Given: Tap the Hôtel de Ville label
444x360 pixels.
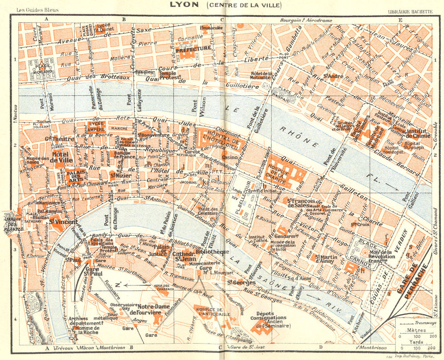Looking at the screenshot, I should click(59, 157).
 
